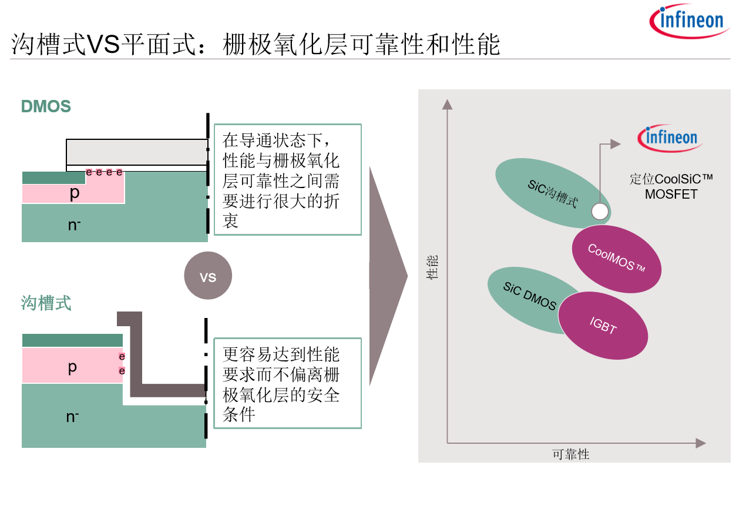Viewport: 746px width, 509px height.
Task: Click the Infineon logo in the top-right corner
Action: [690, 21]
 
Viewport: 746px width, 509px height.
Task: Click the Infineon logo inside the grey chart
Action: [670, 138]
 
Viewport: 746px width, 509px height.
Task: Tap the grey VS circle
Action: [208, 276]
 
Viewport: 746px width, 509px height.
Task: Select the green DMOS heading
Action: [46, 106]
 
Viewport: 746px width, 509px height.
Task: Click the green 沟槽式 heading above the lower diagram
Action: [46, 303]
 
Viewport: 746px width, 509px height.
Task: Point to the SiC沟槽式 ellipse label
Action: [553, 193]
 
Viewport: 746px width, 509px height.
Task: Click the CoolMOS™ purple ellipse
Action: [616, 259]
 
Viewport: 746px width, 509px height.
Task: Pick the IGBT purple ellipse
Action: [603, 326]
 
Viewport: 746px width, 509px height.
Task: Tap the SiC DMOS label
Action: [529, 296]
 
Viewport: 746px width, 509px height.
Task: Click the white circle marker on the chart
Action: [600, 212]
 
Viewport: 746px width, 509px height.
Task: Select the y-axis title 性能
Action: [432, 267]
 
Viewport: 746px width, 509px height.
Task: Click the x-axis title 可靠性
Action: [571, 454]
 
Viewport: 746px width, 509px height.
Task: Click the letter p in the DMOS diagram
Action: [75, 193]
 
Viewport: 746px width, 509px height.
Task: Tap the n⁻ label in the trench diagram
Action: [73, 417]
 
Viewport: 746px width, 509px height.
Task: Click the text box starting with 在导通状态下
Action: [288, 180]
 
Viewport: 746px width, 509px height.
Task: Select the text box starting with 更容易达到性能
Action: [288, 383]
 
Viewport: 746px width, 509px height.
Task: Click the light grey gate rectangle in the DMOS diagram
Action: [137, 152]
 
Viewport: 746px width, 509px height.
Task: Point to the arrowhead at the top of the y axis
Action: [447, 105]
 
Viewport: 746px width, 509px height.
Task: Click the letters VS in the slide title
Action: [103, 44]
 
